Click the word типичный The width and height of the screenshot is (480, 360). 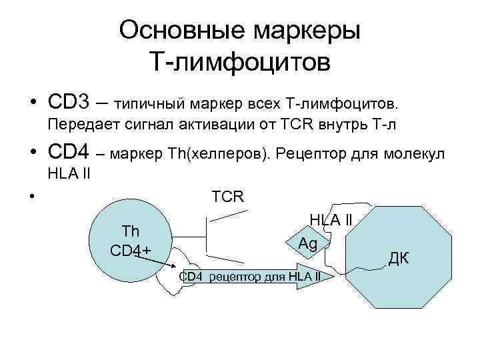[149, 105]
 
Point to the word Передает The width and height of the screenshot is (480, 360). [80, 124]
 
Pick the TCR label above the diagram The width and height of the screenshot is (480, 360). [228, 197]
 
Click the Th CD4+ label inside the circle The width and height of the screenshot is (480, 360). [131, 241]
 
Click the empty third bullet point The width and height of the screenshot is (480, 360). [32, 197]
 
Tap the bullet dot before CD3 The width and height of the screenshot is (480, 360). [32, 105]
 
